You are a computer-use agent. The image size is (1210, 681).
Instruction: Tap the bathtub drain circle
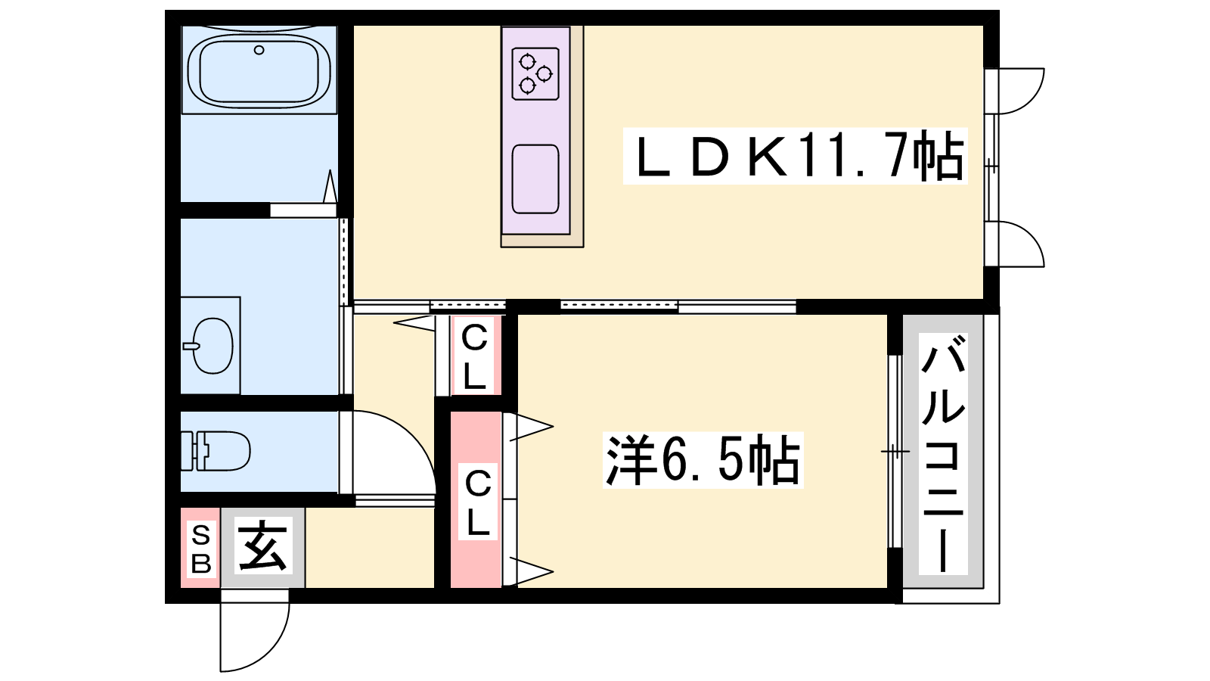pyautogui.click(x=259, y=50)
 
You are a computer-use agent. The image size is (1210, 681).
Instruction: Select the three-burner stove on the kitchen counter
pyautogui.click(x=535, y=73)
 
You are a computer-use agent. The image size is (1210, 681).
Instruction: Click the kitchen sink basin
pyautogui.click(x=535, y=179)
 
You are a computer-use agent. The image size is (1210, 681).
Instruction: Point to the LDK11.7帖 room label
pyautogui.click(x=795, y=156)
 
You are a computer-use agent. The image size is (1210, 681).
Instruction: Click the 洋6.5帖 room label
pyautogui.click(x=703, y=460)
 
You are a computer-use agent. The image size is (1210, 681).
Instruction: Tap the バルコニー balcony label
pyautogui.click(x=943, y=453)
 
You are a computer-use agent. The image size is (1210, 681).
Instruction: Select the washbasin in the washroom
pyautogui.click(x=212, y=345)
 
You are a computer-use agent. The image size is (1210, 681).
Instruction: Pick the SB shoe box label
pyautogui.click(x=201, y=550)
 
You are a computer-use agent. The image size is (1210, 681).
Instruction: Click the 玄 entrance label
pyautogui.click(x=263, y=546)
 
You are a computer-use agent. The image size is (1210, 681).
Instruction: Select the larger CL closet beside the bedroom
pyautogui.click(x=476, y=500)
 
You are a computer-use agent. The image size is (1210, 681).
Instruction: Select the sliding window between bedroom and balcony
pyautogui.click(x=895, y=451)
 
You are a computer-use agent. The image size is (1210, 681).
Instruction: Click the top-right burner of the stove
pyautogui.click(x=544, y=73)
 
